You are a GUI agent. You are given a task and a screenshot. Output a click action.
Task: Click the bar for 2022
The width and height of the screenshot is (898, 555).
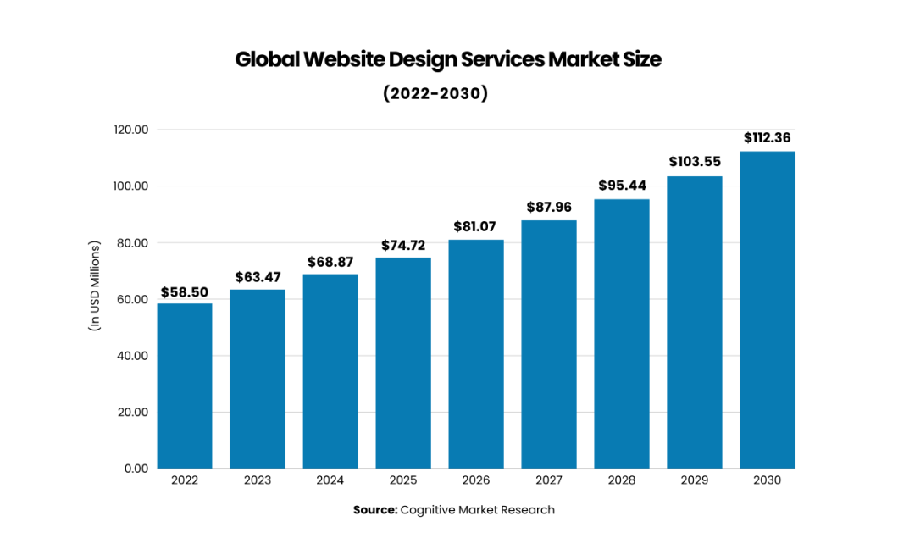pos(185,386)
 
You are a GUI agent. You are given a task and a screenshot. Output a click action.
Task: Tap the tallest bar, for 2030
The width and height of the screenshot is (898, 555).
pos(768,309)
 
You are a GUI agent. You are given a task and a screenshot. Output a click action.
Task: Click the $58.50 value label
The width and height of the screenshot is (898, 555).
pos(185,292)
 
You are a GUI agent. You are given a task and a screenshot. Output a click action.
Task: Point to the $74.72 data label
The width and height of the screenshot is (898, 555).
pos(403,246)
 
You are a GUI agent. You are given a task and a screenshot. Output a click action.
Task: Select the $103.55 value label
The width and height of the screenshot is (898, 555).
pos(695,161)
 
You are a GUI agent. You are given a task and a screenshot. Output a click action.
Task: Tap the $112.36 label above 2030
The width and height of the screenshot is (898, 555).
pos(768,137)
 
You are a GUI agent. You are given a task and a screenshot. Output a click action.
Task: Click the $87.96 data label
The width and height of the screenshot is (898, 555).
pos(549,208)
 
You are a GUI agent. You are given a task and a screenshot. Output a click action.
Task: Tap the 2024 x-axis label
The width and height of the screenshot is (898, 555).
pos(330,480)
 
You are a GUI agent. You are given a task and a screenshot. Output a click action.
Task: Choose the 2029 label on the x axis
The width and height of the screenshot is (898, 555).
pos(695,480)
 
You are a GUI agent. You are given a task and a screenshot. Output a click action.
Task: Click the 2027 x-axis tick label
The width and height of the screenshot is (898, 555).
pos(549,480)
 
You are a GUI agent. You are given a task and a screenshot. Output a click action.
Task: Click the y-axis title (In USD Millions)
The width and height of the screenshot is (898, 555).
pos(95,286)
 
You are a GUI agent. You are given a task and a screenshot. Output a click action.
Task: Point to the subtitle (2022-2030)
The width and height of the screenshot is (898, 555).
pos(435,93)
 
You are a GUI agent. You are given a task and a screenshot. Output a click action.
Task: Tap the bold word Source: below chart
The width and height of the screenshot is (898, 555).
pos(374,510)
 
